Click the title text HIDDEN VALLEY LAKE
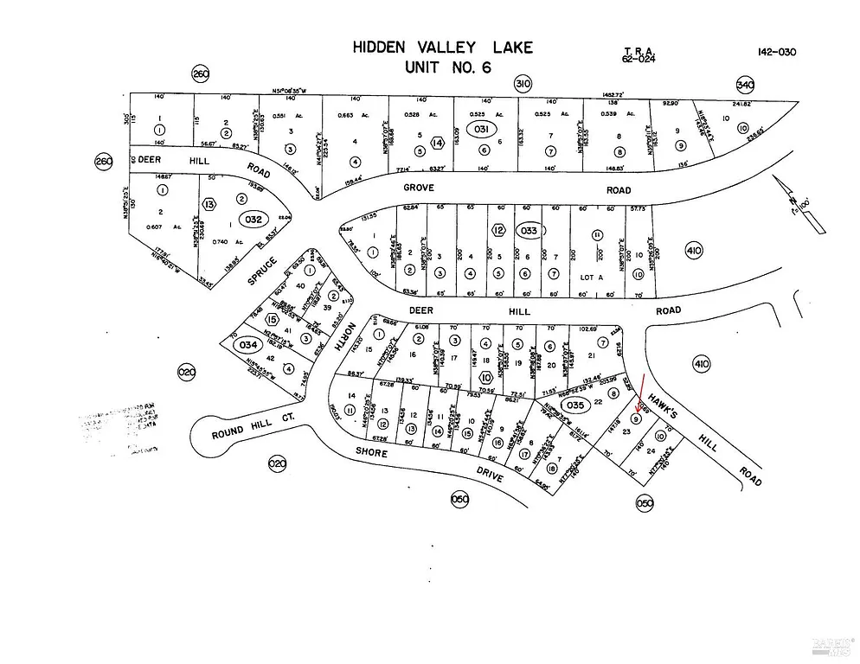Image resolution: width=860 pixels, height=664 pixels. click(442, 48)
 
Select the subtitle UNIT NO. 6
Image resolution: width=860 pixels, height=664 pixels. click(442, 67)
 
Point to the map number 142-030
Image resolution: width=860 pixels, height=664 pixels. click(776, 52)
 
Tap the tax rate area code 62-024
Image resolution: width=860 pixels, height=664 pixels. click(639, 58)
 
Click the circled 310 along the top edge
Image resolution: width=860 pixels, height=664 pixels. click(522, 84)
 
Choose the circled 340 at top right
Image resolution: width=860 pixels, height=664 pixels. click(745, 84)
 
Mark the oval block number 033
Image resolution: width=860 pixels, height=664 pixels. click(529, 231)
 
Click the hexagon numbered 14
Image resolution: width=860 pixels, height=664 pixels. click(438, 142)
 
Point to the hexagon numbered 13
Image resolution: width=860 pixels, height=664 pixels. click(209, 204)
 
